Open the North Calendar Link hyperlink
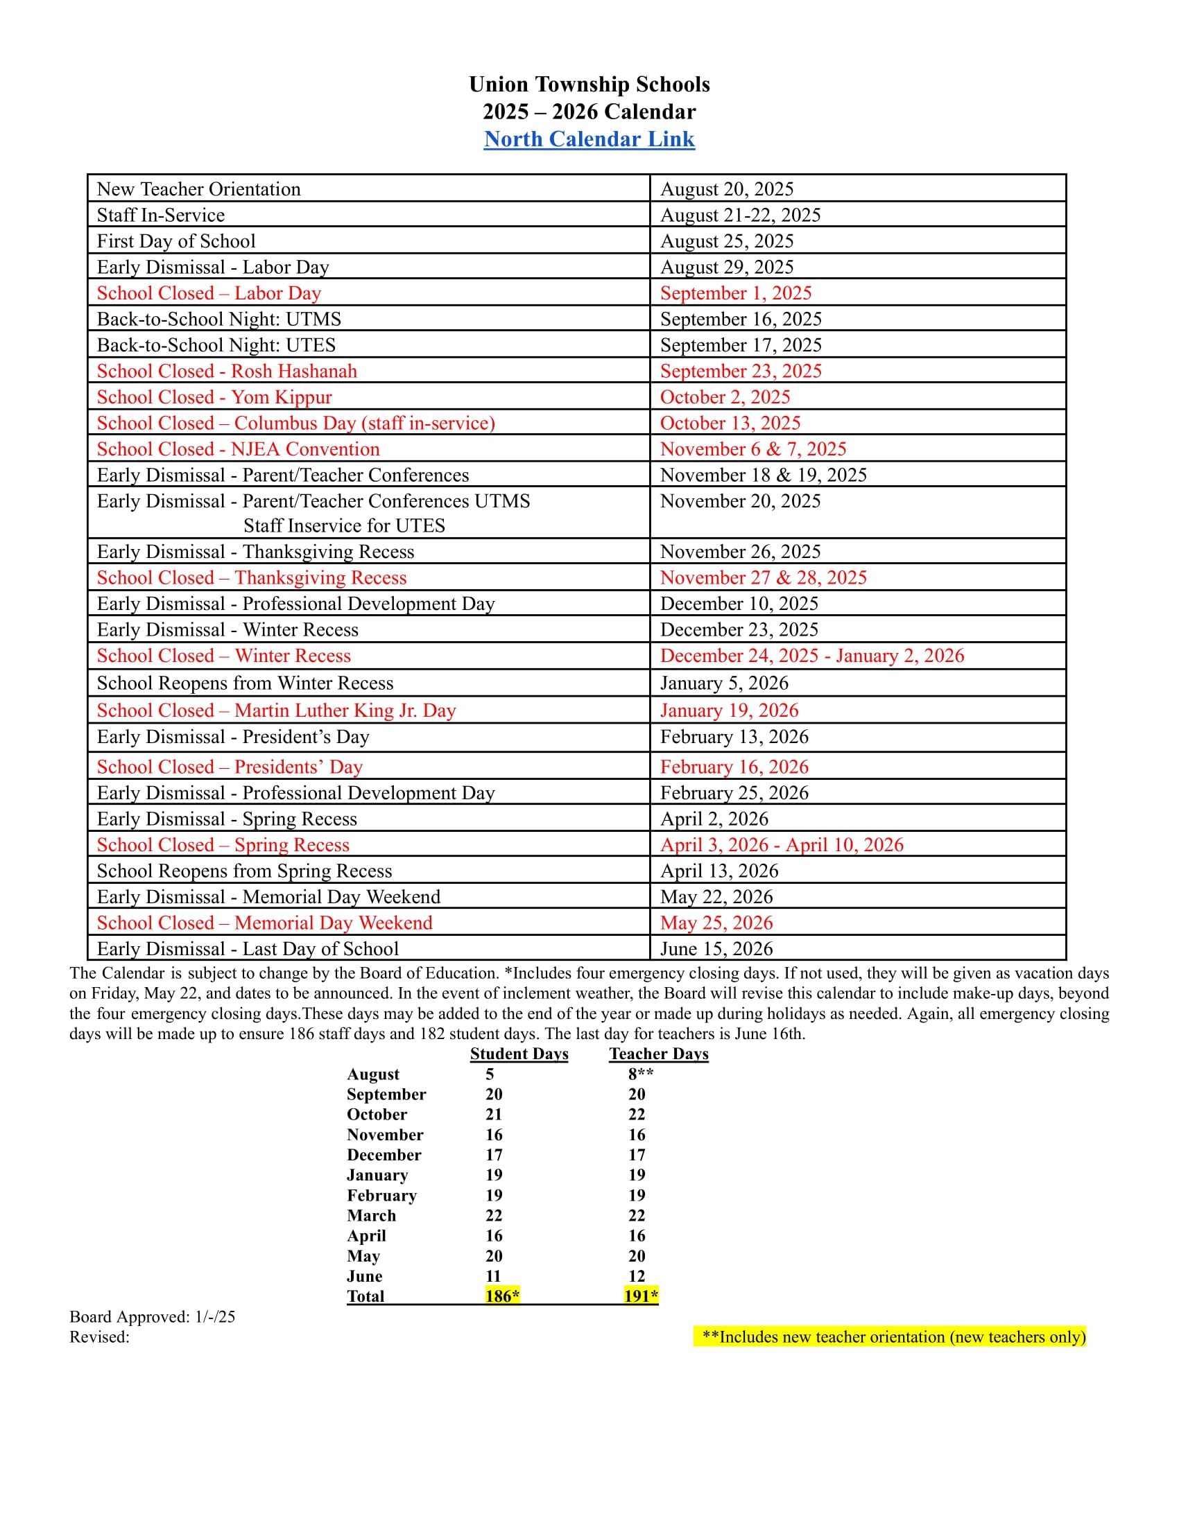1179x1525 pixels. pyautogui.click(x=589, y=139)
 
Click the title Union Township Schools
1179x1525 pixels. pyautogui.click(x=589, y=85)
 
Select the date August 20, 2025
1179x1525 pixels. pyautogui.click(x=726, y=189)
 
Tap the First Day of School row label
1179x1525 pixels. pyautogui.click(x=176, y=241)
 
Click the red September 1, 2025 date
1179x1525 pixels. pyautogui.click(x=735, y=293)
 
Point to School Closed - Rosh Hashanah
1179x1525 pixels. pyautogui.click(x=226, y=371)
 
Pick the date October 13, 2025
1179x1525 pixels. pyautogui.click(x=730, y=423)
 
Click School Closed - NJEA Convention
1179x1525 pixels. pyautogui.click(x=238, y=449)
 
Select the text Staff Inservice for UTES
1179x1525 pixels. pyautogui.click(x=343, y=526)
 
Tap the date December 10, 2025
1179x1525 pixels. pyautogui.click(x=739, y=603)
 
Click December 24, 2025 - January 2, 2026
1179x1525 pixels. pyautogui.click(x=811, y=656)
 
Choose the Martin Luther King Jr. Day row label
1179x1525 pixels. pyautogui.click(x=276, y=710)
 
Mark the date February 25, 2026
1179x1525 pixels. pyautogui.click(x=734, y=792)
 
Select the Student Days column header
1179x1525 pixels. pyautogui.click(x=519, y=1054)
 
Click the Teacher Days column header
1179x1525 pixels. pyautogui.click(x=659, y=1054)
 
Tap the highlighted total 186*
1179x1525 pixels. pyautogui.click(x=502, y=1296)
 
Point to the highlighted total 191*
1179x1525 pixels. pyautogui.click(x=641, y=1296)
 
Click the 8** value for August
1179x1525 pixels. pyautogui.click(x=641, y=1074)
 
